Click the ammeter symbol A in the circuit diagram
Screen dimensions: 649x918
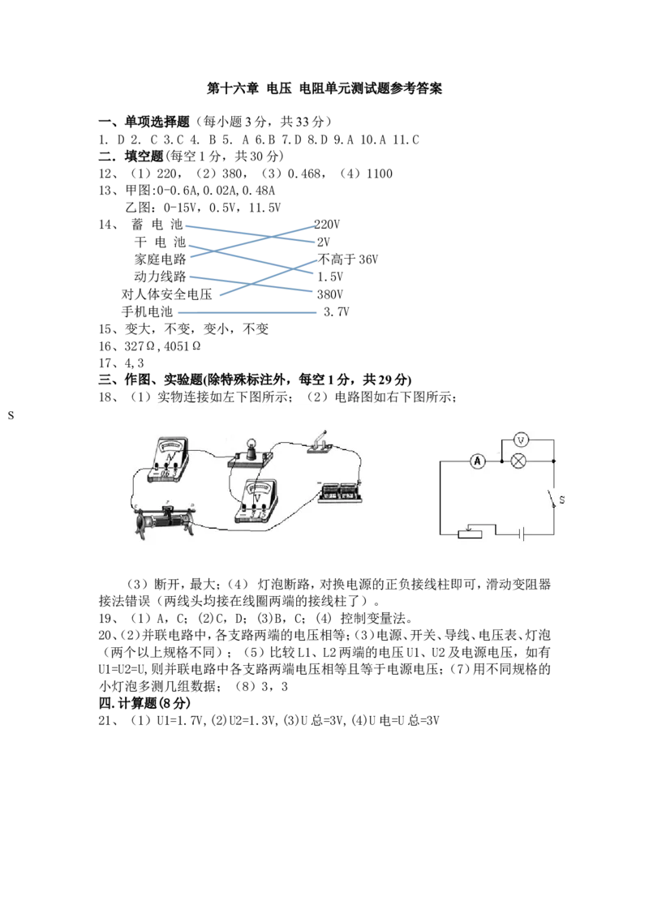477,461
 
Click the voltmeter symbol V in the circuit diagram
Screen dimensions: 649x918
521,440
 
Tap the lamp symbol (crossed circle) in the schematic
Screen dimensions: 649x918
518,461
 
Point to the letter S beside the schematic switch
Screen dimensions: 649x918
561,500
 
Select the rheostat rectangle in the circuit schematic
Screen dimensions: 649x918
470,534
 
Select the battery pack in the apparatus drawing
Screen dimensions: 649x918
340,491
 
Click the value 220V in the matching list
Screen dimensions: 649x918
327,225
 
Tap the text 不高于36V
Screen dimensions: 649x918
348,260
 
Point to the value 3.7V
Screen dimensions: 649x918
337,311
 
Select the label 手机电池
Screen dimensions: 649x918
147,311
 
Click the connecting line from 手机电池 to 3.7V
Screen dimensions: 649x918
247,313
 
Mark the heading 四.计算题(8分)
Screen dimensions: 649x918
144,703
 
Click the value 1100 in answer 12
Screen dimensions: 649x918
380,174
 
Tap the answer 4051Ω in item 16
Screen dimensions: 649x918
183,346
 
